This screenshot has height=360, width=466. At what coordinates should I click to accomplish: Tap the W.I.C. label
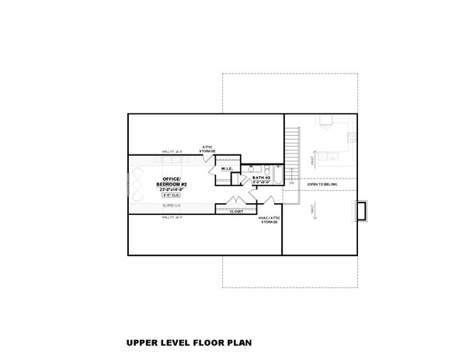click(228, 168)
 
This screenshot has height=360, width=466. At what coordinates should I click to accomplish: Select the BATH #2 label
click(262, 178)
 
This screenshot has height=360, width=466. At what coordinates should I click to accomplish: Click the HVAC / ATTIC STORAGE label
click(269, 221)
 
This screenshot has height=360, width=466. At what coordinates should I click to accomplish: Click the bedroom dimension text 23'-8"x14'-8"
click(169, 189)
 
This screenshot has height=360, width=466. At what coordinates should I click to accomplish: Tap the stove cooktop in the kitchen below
click(351, 137)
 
